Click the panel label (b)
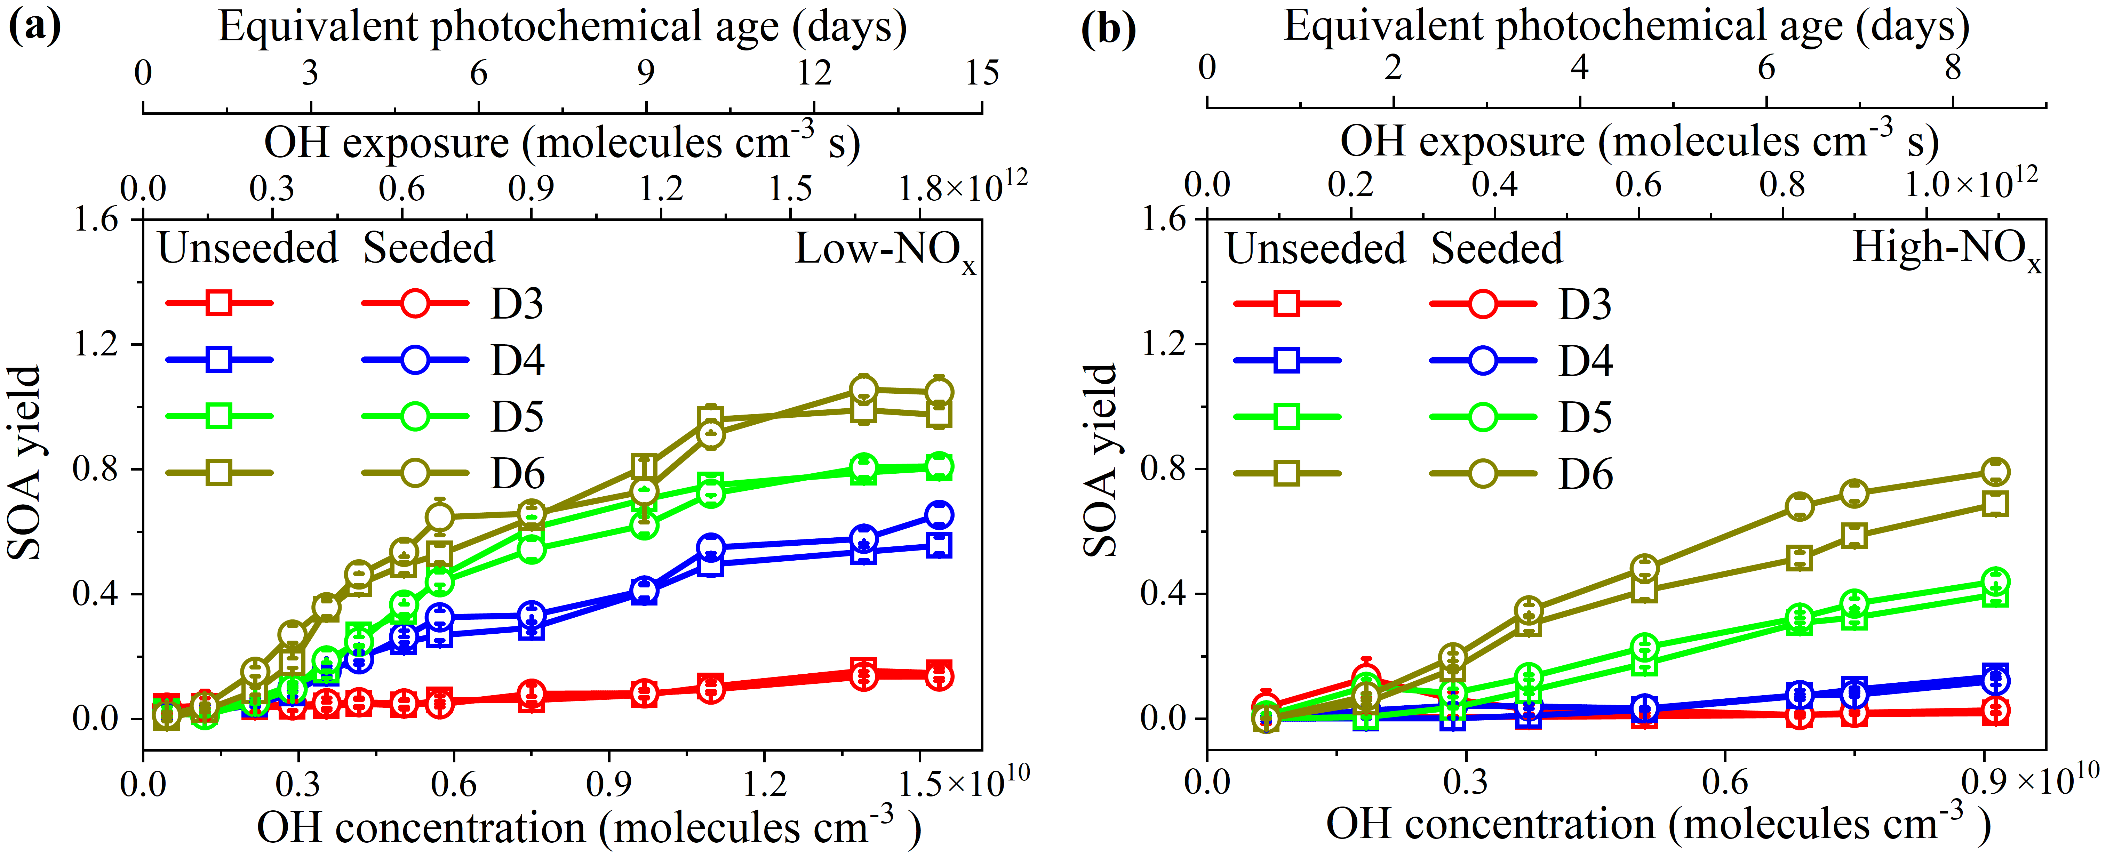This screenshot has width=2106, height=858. click(1108, 29)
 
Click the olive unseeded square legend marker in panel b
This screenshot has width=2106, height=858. click(1287, 473)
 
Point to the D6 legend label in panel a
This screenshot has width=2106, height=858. click(517, 474)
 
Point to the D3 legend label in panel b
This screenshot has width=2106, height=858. click(1585, 304)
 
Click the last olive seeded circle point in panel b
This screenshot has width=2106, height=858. click(1996, 472)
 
